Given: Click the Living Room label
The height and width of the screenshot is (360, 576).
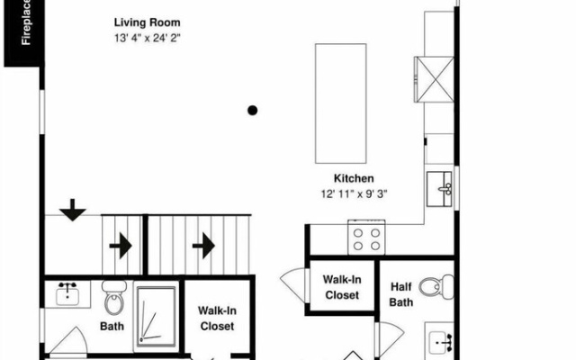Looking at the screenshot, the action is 147,22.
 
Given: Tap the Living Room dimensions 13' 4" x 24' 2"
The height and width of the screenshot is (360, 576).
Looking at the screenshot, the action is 147,38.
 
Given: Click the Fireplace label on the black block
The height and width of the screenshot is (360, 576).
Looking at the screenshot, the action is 26,22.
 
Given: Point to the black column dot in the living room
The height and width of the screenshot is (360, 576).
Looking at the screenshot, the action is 252,110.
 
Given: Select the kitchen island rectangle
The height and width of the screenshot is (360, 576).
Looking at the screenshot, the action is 340,103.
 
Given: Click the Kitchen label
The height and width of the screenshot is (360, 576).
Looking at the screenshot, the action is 354,178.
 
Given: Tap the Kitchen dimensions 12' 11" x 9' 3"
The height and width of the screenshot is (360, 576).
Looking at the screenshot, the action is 354,193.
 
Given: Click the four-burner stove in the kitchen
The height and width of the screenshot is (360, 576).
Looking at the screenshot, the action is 366,238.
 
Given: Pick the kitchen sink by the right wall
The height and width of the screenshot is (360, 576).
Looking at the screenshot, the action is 439,189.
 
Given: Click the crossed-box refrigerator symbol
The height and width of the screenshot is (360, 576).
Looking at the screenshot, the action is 434,79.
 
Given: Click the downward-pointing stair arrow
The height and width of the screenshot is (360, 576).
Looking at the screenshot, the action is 72,210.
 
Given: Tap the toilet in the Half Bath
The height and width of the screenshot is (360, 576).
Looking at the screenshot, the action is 436,286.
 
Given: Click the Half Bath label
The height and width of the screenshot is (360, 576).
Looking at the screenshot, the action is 401,294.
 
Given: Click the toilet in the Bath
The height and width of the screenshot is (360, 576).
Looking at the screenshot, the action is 114,298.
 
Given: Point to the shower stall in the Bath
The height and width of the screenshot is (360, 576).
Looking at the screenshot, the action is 156,317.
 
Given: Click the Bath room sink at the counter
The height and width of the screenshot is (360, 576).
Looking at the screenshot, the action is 67,294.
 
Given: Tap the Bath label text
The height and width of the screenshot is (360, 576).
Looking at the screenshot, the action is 112,326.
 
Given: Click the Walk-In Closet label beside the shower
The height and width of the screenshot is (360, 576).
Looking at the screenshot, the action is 217,318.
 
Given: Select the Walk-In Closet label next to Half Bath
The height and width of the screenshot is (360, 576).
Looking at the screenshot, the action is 342,287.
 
